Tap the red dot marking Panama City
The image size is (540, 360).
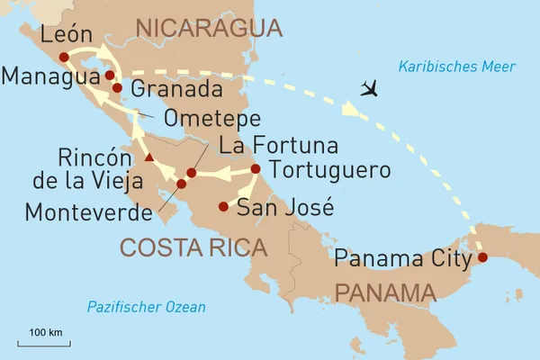click(x=481, y=257)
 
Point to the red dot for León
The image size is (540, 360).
click(x=64, y=58)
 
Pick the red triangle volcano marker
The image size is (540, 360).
click(x=149, y=159)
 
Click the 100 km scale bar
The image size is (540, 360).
click(x=43, y=343)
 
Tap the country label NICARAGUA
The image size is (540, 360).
click(x=202, y=30)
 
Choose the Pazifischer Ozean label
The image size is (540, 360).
click(x=146, y=307)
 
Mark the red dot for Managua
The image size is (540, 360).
click(x=109, y=76)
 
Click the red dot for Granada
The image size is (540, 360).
click(x=117, y=88)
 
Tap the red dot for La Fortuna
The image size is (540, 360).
click(x=191, y=173)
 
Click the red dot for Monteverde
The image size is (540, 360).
click(x=181, y=184)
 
